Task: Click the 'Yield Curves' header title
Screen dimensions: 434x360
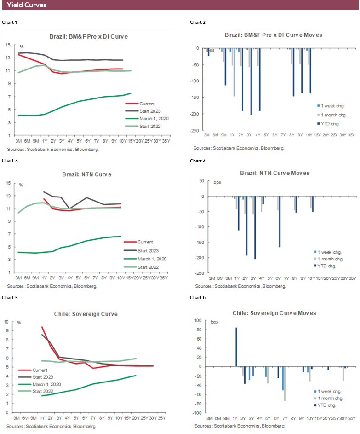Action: pyautogui.click(x=27, y=5)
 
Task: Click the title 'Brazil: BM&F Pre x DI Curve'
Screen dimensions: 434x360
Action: pyautogui.click(x=88, y=36)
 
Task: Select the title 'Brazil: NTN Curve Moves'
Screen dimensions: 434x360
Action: pyautogui.click(x=274, y=173)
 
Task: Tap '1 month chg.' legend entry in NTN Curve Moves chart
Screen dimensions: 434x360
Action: pyautogui.click(x=328, y=259)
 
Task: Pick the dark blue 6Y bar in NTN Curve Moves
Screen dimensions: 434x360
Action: pyautogui.click(x=279, y=222)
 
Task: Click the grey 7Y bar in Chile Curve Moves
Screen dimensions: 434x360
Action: pyautogui.click(x=285, y=384)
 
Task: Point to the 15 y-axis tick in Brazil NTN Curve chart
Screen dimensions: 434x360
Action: pyautogui.click(x=7, y=183)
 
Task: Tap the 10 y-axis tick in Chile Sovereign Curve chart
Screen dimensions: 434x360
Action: pyautogui.click(x=7, y=322)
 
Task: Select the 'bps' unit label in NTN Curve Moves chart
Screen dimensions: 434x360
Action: pyautogui.click(x=217, y=182)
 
